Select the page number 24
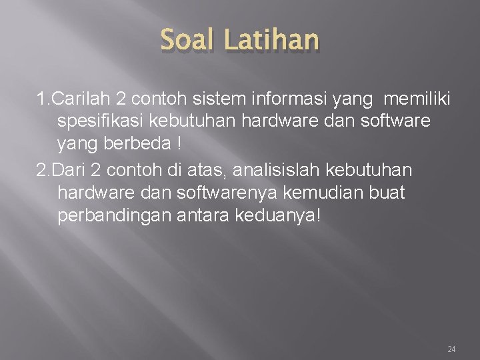coord(451,349)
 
